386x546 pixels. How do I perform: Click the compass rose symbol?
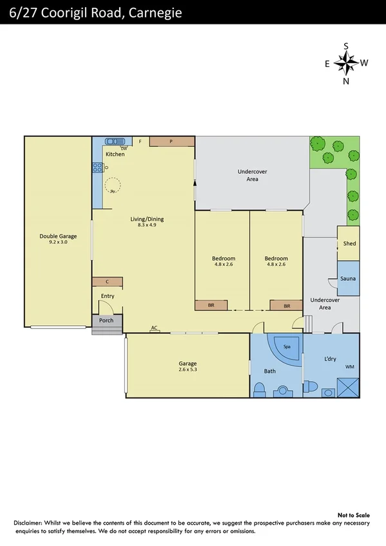[x=346, y=63]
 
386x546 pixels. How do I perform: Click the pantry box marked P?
[x=171, y=141]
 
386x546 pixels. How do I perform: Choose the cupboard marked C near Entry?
[x=107, y=281]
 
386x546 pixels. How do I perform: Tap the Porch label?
[x=106, y=320]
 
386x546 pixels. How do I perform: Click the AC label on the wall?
[x=154, y=328]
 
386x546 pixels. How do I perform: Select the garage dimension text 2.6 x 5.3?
[x=188, y=370]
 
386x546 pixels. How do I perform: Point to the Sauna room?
[x=349, y=278]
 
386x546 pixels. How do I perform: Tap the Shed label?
[x=349, y=243]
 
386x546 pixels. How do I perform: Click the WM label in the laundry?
[x=349, y=366]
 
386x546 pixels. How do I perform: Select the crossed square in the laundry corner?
[x=349, y=388]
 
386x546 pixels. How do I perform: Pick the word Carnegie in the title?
[x=155, y=12]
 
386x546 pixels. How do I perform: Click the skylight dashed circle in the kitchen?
[x=113, y=185]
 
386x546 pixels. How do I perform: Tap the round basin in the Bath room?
[x=282, y=390]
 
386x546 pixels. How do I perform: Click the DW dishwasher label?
[x=123, y=148]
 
